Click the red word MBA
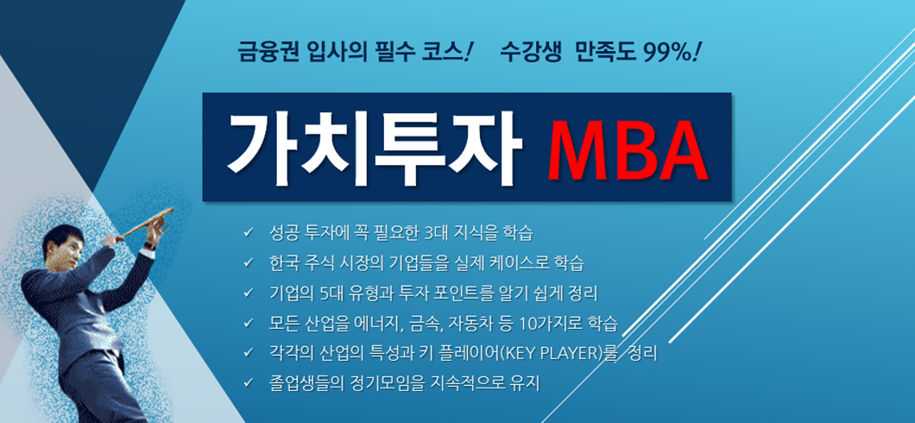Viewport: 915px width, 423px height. pyautogui.click(x=628, y=149)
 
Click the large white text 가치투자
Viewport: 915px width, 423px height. pyautogui.click(x=374, y=148)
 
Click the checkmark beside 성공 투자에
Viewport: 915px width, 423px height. pyautogui.click(x=249, y=234)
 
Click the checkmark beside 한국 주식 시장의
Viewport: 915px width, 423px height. pyautogui.click(x=249, y=263)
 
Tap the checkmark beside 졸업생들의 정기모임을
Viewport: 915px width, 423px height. pyautogui.click(x=249, y=383)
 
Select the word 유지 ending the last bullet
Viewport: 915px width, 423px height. pyautogui.click(x=527, y=383)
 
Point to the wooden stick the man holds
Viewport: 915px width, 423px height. pyautogui.click(x=147, y=222)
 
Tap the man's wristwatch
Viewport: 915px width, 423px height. pyautogui.click(x=149, y=246)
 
